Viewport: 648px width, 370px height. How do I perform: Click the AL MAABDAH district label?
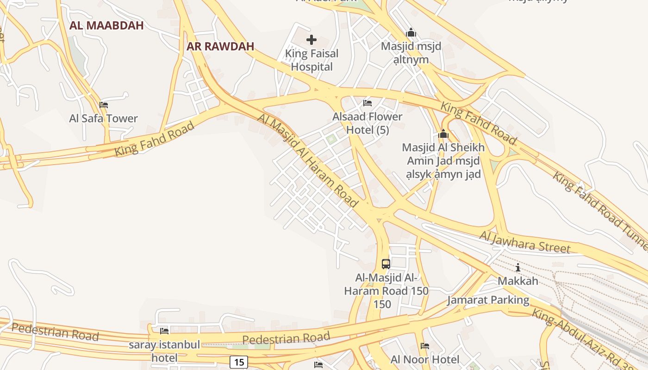click(106, 26)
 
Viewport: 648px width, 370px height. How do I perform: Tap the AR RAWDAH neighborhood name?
click(220, 47)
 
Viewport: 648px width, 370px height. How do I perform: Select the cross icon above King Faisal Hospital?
click(312, 39)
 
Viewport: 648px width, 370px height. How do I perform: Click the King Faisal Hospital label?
click(312, 60)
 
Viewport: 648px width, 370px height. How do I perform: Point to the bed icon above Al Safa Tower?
click(104, 105)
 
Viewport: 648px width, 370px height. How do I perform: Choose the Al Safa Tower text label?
click(104, 118)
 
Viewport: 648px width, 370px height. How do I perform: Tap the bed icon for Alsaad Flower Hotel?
click(368, 103)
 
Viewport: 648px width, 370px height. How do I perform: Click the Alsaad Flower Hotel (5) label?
click(368, 123)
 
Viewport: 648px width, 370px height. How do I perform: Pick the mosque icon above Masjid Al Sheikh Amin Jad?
click(443, 134)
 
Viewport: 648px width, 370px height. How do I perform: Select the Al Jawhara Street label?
click(525, 242)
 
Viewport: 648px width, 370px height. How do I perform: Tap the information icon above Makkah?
click(518, 267)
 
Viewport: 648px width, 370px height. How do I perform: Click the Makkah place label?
click(518, 281)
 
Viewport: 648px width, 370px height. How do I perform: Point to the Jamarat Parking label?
click(488, 300)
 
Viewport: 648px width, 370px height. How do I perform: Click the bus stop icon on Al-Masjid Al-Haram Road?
click(386, 264)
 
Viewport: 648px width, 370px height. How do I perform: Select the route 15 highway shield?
click(238, 362)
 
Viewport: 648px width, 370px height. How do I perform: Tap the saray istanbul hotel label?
click(164, 351)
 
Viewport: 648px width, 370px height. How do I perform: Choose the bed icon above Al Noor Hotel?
click(425, 346)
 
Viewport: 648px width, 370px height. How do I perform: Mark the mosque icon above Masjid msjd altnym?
click(411, 33)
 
